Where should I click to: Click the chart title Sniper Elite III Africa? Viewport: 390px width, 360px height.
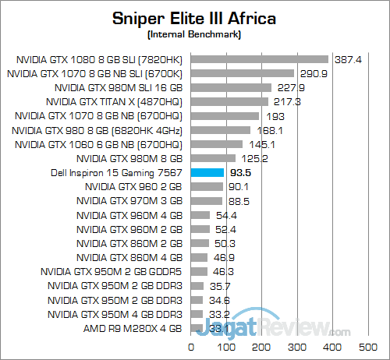tap(195, 18)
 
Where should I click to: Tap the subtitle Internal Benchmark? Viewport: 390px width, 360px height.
tap(195, 35)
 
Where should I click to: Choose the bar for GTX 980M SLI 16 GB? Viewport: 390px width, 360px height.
tap(230, 87)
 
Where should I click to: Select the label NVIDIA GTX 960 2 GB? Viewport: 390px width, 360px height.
tap(133, 187)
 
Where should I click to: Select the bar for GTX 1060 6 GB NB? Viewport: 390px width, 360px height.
tap(216, 144)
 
